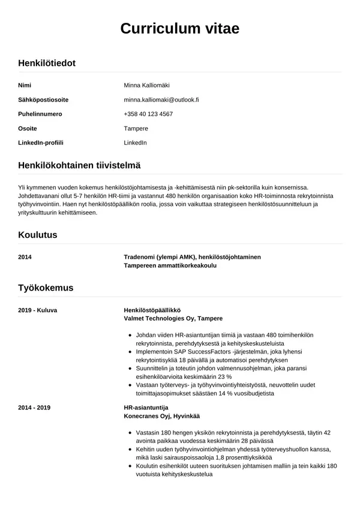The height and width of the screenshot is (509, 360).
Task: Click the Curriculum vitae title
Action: (179, 28)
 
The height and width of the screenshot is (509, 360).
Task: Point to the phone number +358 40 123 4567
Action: (148, 114)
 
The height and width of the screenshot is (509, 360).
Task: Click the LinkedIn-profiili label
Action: (41, 143)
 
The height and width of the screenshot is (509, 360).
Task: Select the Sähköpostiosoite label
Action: (43, 100)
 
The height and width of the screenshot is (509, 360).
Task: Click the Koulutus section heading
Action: (38, 235)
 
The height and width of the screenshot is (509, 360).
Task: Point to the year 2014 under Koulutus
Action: (25, 257)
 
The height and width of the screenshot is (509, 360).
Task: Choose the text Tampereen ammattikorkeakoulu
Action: (170, 265)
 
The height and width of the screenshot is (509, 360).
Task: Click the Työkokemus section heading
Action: (46, 288)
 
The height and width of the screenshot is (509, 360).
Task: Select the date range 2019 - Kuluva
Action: (37, 310)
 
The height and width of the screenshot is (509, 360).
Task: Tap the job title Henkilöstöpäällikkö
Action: (152, 310)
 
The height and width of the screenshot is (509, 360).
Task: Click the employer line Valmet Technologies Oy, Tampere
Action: (173, 318)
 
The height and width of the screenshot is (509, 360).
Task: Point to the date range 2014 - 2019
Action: (35, 408)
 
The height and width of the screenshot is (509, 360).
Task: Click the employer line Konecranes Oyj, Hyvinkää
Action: (161, 416)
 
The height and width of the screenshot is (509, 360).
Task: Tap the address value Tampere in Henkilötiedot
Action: (136, 128)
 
